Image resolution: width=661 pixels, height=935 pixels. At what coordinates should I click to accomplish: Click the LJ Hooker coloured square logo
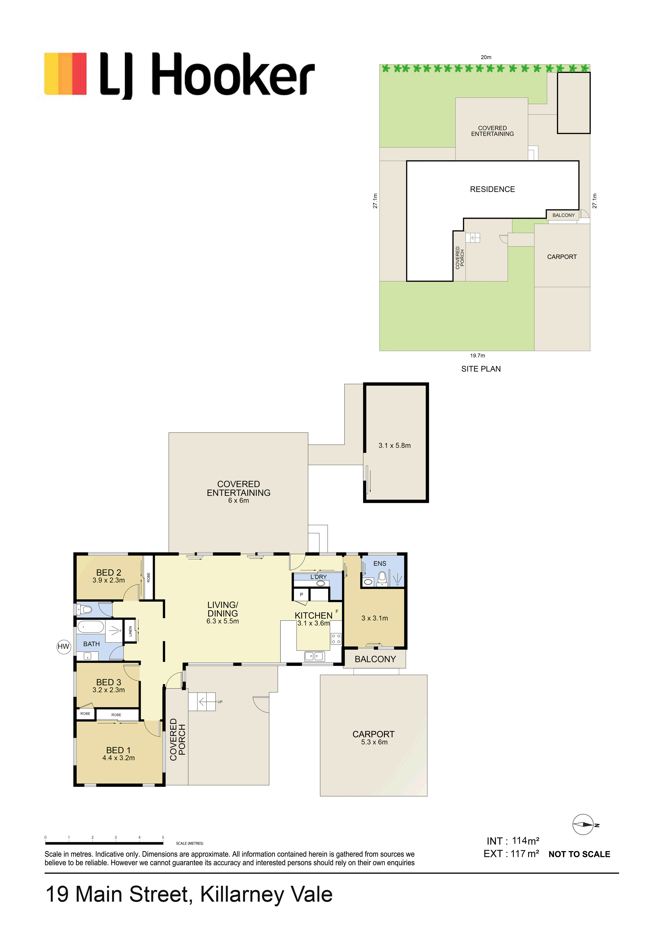pos(66,74)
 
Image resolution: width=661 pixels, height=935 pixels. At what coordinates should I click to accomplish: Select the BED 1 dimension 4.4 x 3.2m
pos(119,758)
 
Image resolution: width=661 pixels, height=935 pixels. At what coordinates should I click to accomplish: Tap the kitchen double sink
pos(314,656)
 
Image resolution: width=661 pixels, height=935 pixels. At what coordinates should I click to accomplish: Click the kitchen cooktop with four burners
pos(336,639)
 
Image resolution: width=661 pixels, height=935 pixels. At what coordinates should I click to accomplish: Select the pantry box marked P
pos(301,594)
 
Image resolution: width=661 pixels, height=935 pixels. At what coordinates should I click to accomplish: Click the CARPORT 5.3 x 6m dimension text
pos(374,742)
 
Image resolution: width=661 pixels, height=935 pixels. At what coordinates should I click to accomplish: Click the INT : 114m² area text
pos(513,841)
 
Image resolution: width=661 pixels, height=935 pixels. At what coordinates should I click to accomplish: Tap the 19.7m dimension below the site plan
pos(478,355)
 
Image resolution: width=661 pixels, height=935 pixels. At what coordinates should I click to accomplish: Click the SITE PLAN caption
pos(481,369)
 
